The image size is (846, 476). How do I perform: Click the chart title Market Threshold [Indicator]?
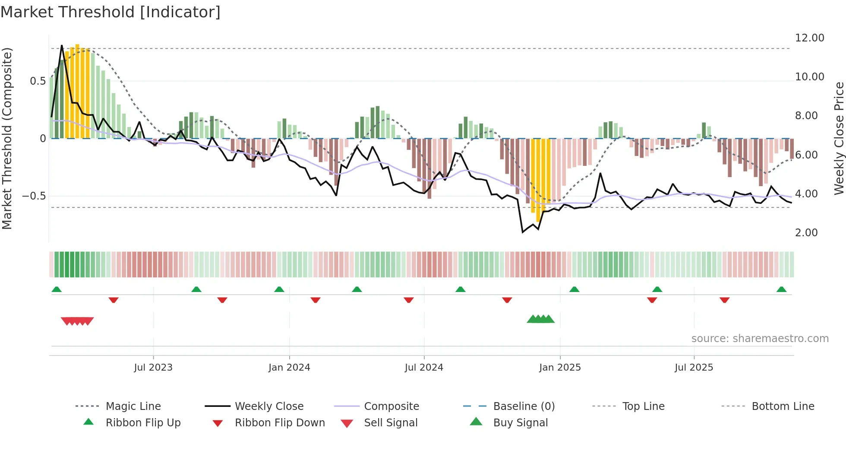[x=110, y=12]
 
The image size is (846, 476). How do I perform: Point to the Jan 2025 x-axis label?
[x=560, y=367]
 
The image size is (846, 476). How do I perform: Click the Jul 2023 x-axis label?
[x=153, y=367]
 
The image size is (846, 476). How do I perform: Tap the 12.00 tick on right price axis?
[x=809, y=38]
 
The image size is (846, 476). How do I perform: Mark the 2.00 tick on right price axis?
[x=806, y=233]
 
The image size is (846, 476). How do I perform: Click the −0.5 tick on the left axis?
[x=34, y=196]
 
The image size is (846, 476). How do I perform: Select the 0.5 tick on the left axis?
[x=38, y=81]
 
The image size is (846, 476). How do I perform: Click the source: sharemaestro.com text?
[x=760, y=338]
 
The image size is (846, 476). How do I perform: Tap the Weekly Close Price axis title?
[x=839, y=138]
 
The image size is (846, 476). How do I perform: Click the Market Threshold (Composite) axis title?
[x=7, y=138]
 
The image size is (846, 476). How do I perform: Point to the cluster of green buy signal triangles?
[x=540, y=319]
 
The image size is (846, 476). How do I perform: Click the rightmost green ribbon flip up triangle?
[x=781, y=289]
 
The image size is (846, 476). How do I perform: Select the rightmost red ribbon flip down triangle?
[x=724, y=300]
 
